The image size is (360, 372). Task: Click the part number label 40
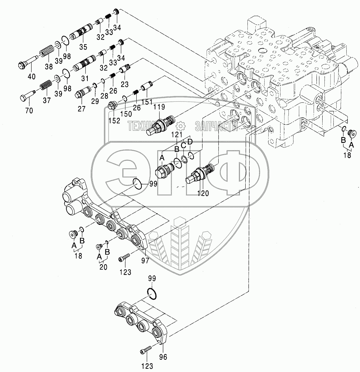coord(32,76)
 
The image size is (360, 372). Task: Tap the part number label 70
coord(29,111)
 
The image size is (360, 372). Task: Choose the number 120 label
coord(203,193)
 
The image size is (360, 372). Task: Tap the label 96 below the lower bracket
coord(164,357)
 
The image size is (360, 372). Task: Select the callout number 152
coord(114,121)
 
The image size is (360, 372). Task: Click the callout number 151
coord(147,102)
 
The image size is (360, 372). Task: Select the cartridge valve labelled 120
coord(201,173)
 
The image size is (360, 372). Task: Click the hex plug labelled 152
coord(112,106)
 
